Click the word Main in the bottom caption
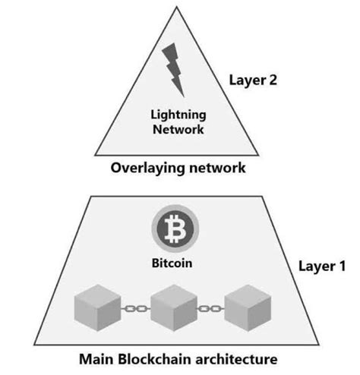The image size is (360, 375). (x=96, y=358)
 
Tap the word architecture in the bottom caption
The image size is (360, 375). (x=235, y=358)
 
